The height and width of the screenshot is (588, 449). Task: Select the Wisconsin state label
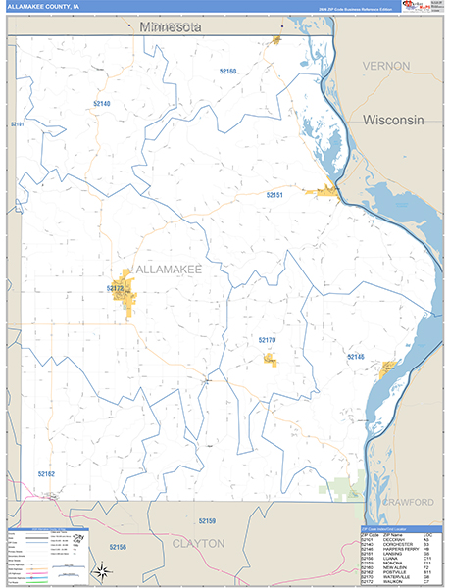(392, 120)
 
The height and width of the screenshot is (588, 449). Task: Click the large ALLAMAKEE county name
(168, 269)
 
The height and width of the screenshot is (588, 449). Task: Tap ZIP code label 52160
(226, 72)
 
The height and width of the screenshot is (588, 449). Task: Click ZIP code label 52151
(274, 195)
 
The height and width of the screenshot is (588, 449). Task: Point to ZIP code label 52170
(268, 340)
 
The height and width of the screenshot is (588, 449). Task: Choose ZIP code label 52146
(355, 357)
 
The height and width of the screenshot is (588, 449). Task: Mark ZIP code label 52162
(47, 473)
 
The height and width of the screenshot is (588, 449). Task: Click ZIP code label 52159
(206, 520)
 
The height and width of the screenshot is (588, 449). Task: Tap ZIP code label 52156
(117, 547)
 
